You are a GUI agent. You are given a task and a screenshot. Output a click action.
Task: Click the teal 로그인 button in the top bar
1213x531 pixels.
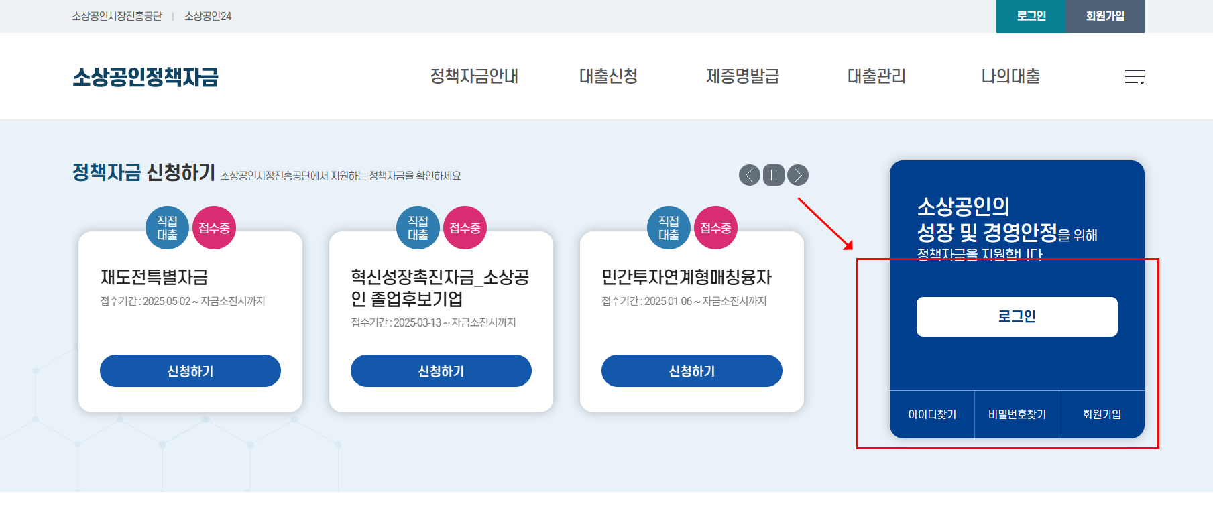(1031, 16)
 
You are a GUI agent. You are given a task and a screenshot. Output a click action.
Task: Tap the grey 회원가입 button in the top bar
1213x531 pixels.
(1105, 16)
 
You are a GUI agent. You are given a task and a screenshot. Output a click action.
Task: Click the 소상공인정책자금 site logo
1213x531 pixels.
(146, 77)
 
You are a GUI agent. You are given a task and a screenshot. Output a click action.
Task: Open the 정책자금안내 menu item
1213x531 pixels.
(474, 76)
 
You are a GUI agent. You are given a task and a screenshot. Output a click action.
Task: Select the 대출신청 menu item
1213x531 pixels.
(608, 76)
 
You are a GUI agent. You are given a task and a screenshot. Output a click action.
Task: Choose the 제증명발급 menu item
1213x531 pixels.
(742, 76)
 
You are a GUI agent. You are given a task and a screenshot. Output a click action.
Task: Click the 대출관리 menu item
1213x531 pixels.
(876, 76)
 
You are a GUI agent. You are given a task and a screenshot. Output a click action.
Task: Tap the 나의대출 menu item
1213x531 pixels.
(1010, 76)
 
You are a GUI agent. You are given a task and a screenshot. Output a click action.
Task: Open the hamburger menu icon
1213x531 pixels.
(1135, 77)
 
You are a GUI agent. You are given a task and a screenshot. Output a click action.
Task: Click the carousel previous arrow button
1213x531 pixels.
(750, 175)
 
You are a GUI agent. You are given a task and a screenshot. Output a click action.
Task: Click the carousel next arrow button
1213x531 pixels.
(798, 175)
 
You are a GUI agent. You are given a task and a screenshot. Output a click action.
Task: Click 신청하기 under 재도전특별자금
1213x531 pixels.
(190, 371)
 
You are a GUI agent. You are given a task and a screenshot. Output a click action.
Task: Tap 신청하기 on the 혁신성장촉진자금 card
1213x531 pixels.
(441, 371)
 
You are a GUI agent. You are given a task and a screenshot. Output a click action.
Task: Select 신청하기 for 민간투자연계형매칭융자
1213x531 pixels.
(692, 371)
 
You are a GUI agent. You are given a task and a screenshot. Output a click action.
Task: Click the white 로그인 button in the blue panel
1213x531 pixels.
(1017, 316)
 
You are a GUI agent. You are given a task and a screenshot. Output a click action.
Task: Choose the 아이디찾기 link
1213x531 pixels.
(932, 414)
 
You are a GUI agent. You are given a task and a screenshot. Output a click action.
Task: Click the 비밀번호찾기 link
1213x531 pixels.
(1017, 414)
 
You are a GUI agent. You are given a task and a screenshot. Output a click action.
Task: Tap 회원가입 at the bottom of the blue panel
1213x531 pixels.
(1102, 414)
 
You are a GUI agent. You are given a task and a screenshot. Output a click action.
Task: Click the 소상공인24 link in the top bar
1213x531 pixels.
(208, 16)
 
